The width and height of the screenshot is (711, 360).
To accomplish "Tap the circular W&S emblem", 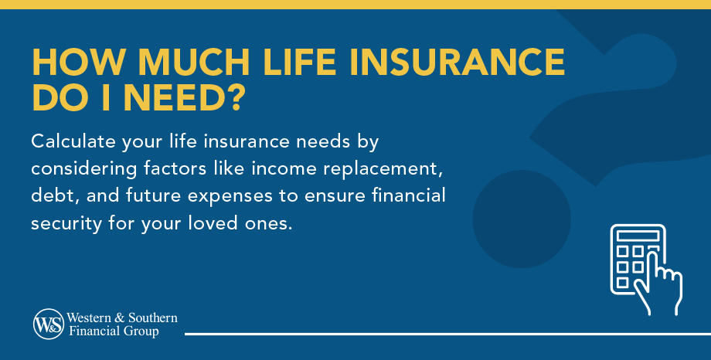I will point(48,324).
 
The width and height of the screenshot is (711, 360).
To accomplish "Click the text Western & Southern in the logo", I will point(122,318).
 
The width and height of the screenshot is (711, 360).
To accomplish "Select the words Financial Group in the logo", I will point(113,331).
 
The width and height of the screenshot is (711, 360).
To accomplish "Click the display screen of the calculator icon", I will point(638,235).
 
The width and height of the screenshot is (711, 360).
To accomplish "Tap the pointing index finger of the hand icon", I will point(658,256).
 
